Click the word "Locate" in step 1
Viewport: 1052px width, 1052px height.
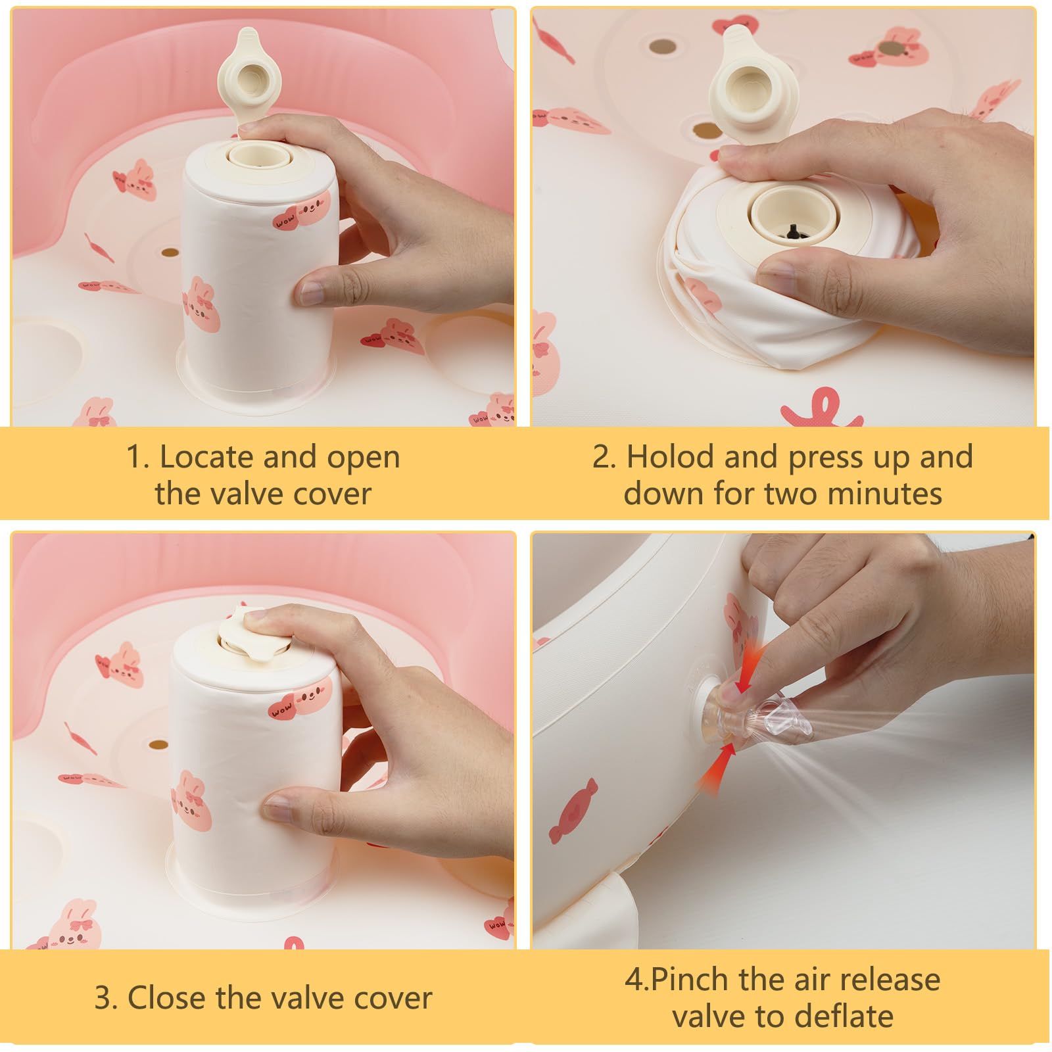click(x=206, y=456)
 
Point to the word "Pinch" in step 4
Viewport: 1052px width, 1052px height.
click(x=690, y=980)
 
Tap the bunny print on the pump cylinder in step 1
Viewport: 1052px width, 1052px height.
click(x=202, y=306)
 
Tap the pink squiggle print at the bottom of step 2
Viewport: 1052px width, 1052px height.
click(x=821, y=408)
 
